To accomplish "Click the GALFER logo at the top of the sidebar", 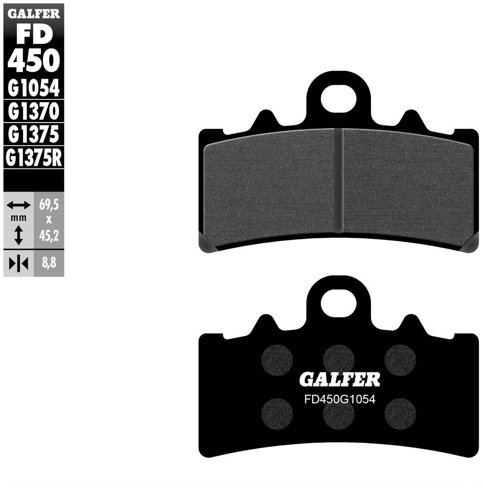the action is [34, 14].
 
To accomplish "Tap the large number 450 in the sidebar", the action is [34, 60].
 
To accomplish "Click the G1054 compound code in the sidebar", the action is [34, 88].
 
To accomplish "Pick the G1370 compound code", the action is [34, 111].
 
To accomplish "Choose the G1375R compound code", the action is [34, 157].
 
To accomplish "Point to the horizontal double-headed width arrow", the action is [18, 205].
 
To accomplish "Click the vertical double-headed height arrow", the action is [18, 235].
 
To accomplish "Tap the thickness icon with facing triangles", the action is [18, 264].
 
